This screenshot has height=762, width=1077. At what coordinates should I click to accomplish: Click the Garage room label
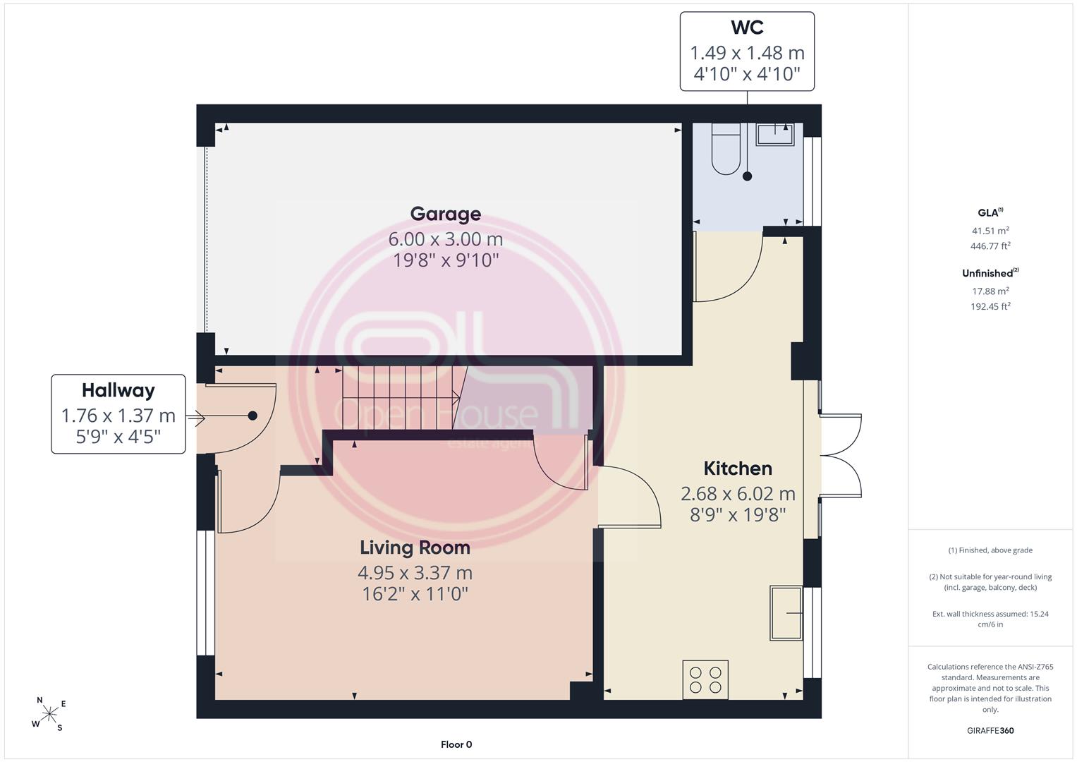[x=445, y=214]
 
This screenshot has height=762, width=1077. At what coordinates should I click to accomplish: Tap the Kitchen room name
[x=738, y=468]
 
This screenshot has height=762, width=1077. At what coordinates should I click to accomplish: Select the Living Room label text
[x=415, y=548]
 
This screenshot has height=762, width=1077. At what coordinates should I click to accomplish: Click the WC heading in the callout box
[x=747, y=28]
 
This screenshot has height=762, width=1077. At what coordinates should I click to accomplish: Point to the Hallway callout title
[x=118, y=391]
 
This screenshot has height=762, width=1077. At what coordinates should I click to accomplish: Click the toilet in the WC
[x=726, y=148]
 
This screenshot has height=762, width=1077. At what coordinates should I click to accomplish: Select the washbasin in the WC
[x=774, y=134]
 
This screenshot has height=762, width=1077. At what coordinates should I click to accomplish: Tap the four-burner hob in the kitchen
[x=705, y=679]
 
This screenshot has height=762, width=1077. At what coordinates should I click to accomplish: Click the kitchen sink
[x=786, y=613]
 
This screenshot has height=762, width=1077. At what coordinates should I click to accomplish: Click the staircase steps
[x=400, y=397]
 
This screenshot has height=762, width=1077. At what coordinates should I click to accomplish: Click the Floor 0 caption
[x=456, y=744]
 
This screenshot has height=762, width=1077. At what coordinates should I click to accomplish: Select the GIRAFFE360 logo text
[x=990, y=731]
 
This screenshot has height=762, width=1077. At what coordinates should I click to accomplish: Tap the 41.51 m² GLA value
[x=990, y=231]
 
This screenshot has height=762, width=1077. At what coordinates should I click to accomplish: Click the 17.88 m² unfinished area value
[x=990, y=291]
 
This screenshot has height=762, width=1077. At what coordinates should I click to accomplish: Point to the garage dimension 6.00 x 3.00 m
[x=445, y=239]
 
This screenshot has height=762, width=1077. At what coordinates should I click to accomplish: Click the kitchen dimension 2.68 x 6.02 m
[x=738, y=494]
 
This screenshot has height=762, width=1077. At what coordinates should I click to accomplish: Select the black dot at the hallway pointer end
[x=252, y=416]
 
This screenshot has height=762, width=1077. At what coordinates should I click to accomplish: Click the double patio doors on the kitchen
[x=840, y=455]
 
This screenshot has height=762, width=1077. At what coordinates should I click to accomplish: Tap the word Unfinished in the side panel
[x=987, y=273]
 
